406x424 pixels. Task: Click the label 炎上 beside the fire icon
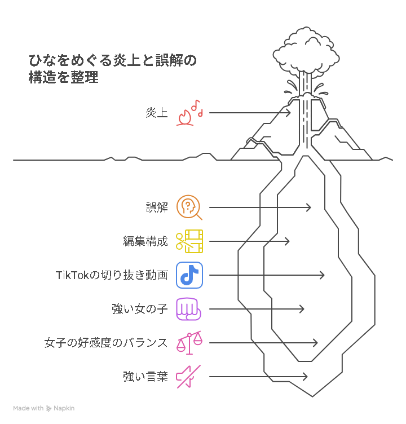point(157,113)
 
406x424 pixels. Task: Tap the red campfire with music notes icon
point(189,113)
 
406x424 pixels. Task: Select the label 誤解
point(157,207)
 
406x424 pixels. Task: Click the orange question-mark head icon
point(189,207)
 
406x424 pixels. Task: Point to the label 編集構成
point(145,241)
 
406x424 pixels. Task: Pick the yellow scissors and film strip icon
point(189,241)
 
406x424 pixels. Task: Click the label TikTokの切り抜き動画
point(112,275)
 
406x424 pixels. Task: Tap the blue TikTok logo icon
point(189,275)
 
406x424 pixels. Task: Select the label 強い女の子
point(140,309)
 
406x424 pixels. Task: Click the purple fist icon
point(188,309)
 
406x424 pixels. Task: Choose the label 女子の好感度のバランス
point(106,343)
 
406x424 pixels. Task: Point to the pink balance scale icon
point(189,343)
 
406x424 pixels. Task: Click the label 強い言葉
point(145,377)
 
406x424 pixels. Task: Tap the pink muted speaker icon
point(188,377)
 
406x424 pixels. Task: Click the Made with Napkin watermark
point(44,408)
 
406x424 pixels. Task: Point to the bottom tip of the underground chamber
point(312,397)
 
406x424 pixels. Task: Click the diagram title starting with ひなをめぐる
point(113,69)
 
